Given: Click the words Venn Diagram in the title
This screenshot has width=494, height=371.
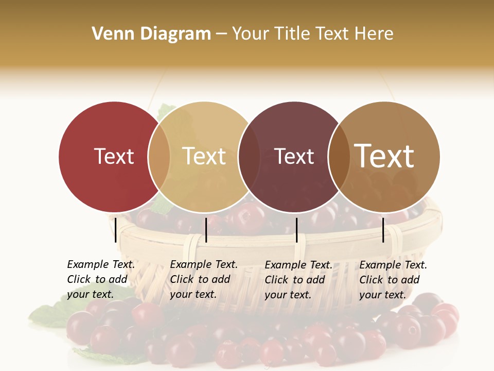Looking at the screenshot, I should pyautogui.click(x=151, y=34).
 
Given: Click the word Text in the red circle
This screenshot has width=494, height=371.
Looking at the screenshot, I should pyautogui.click(x=114, y=156).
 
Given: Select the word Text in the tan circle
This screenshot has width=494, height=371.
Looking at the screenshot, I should pyautogui.click(x=204, y=156).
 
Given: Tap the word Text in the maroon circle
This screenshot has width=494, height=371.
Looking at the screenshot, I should pyautogui.click(x=294, y=156).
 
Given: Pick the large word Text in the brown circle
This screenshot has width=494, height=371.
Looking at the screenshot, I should pyautogui.click(x=384, y=156).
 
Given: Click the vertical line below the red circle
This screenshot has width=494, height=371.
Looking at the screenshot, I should pyautogui.click(x=116, y=230).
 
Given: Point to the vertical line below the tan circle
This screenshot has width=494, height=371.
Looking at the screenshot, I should pyautogui.click(x=206, y=230).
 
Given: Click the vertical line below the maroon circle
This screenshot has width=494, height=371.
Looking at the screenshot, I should pyautogui.click(x=296, y=230).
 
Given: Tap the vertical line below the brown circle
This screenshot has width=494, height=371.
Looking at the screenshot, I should pyautogui.click(x=383, y=230).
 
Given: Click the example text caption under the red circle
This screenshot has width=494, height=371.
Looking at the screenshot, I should pyautogui.click(x=101, y=279).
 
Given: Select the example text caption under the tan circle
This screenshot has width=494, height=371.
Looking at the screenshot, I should pyautogui.click(x=204, y=279).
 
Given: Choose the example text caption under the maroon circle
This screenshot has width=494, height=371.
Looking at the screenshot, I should pyautogui.click(x=298, y=279).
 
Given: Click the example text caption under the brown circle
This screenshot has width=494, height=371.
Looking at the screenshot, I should pyautogui.click(x=393, y=279).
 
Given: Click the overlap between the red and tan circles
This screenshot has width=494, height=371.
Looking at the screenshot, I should pyautogui.click(x=159, y=157).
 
